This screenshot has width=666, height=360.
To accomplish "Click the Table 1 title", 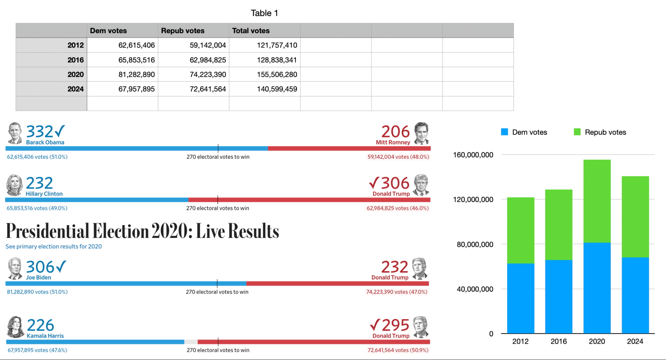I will pos(264,13).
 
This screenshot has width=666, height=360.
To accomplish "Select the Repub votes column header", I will pos(183,31).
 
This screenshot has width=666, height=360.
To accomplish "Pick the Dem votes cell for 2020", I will pos(136,74).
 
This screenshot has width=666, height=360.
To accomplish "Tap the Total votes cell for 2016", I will pos(277,60).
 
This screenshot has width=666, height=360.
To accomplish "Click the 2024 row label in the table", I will pos(75,89).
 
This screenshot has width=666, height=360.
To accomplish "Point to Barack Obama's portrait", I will pos(15,133).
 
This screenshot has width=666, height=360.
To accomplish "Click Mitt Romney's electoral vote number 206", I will pos(395,132).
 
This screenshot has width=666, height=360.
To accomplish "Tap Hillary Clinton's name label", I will pos(44,194).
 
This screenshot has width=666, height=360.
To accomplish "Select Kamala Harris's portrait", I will pos(16,327).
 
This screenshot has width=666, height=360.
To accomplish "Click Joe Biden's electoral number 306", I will pos(40,267).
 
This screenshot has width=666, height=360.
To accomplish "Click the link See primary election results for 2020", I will pos(54,246).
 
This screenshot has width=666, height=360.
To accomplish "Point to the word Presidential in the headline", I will pos(47,231).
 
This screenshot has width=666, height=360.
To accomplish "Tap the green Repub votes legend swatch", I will pos(577,132).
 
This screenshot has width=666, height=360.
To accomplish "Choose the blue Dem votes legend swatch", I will pos(504,132).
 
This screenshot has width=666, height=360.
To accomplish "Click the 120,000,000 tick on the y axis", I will pos(473,200).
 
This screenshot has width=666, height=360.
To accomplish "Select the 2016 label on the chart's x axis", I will pos(558,341).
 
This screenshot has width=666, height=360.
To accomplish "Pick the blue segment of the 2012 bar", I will pos(520,298).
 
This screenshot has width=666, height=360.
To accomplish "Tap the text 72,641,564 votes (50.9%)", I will pos(398,350).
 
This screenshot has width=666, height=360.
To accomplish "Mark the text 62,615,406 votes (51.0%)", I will pos(37,157).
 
